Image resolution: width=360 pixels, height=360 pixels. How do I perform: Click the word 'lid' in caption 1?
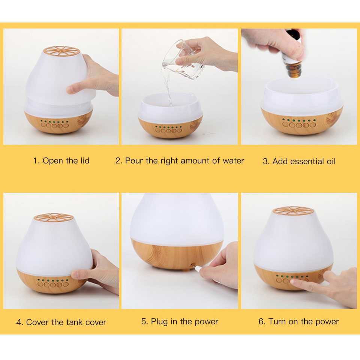pos(85,160)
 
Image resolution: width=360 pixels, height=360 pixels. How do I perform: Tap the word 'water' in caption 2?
pos(233,161)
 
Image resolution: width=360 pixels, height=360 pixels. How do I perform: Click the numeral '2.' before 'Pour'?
pos(119,161)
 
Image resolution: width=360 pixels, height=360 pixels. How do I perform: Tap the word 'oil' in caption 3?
pos(331,161)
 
